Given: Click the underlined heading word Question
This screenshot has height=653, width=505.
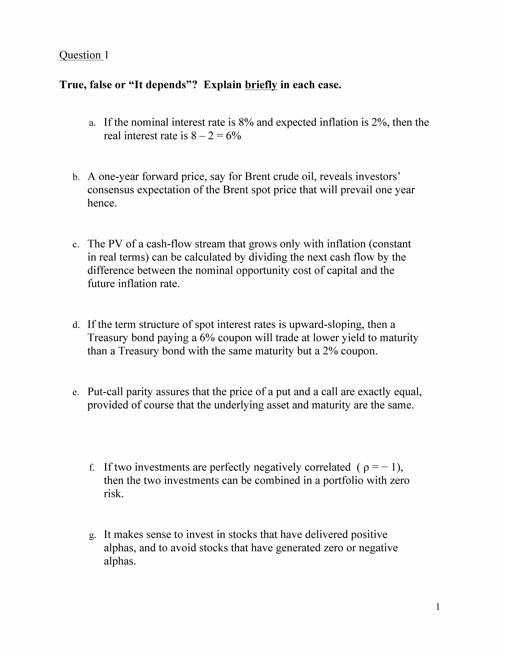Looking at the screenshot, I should [80, 55].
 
